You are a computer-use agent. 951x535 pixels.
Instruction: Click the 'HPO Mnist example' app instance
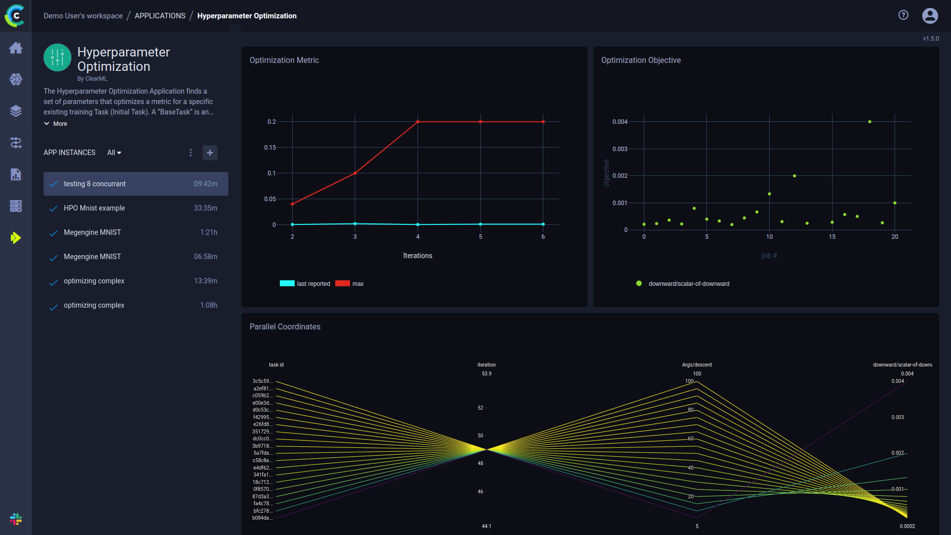(94, 208)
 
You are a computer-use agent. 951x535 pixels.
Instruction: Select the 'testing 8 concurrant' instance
(95, 184)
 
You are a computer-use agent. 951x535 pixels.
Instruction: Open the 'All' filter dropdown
(114, 153)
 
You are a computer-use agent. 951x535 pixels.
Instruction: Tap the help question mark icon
(903, 15)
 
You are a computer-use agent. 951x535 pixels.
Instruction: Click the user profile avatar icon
(930, 15)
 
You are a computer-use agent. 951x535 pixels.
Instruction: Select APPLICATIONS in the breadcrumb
(160, 16)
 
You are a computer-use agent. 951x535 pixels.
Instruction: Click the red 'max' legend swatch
(342, 283)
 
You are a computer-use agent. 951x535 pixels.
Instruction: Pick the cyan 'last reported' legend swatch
(287, 283)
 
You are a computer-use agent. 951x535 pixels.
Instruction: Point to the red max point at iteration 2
(292, 204)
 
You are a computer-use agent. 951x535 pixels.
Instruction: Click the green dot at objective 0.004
(870, 122)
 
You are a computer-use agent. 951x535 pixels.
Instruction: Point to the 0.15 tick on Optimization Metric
(270, 148)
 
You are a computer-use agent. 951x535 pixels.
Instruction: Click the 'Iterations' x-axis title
(418, 256)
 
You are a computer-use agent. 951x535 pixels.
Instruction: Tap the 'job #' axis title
(769, 256)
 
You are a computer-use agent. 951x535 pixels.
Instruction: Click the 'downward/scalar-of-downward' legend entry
(688, 284)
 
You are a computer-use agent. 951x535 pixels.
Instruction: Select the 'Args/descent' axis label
(696, 365)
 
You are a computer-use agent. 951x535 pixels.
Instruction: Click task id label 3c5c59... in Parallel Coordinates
(262, 381)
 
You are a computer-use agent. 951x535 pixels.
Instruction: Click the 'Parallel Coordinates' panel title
(285, 326)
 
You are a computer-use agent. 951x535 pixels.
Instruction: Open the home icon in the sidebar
(16, 48)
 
